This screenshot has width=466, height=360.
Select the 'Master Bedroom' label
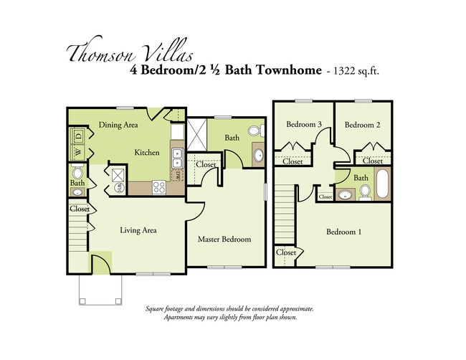(x=224, y=239)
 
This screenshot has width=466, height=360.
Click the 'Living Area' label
(x=138, y=230)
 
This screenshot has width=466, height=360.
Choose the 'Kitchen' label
(x=147, y=152)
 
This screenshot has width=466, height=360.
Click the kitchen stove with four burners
(x=159, y=186)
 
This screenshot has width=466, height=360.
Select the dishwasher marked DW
(x=176, y=175)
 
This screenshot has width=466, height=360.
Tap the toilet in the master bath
(x=255, y=131)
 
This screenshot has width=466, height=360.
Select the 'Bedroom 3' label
(x=303, y=125)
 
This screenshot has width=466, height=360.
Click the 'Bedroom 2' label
(x=361, y=125)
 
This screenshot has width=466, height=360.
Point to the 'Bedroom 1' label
(x=344, y=232)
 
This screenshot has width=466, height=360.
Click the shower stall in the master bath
(x=196, y=133)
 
